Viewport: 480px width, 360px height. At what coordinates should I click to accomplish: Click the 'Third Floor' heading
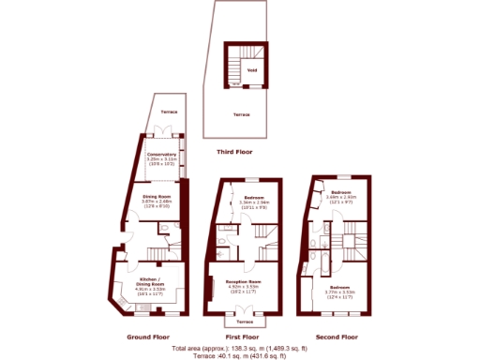coord(234,151)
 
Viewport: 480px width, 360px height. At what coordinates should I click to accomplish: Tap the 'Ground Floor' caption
coord(146,336)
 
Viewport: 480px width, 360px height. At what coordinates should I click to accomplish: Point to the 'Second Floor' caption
coord(337,336)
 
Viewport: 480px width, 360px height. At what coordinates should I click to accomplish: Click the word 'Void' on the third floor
coord(251,69)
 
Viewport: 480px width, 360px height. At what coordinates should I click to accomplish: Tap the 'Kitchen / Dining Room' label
coord(150,283)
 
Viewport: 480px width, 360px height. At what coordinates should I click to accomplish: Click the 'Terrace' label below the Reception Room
coord(242,320)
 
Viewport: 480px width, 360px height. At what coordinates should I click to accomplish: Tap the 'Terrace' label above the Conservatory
coord(169,111)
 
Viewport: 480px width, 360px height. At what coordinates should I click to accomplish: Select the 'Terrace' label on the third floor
coord(241,113)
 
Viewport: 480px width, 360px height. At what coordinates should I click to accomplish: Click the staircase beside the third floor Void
coord(233,66)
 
